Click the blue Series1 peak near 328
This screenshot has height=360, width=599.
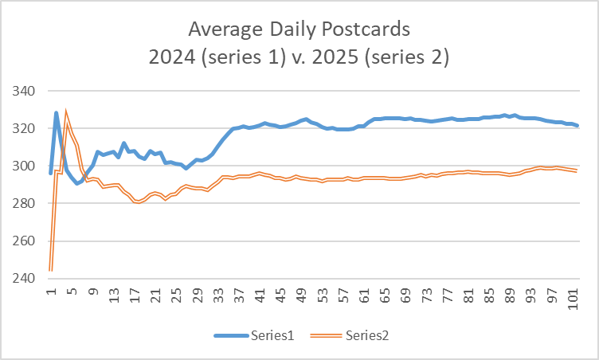[x=57, y=113]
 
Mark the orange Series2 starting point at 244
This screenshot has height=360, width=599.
[x=51, y=270]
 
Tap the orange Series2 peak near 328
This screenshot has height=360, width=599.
[x=66, y=112]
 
